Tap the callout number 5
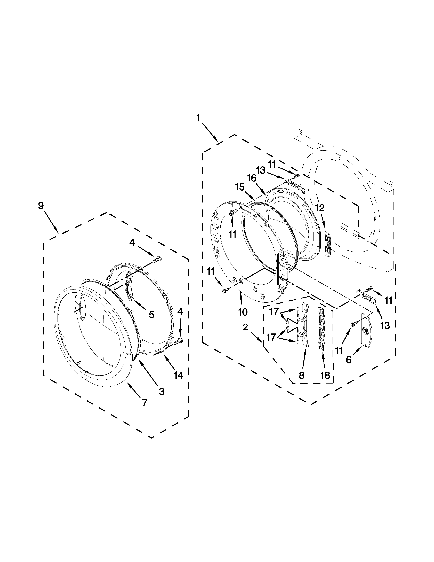151,314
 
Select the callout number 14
178,376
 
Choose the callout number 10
243,312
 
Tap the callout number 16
252,178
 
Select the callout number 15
240,187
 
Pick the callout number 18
325,376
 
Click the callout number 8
302,376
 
